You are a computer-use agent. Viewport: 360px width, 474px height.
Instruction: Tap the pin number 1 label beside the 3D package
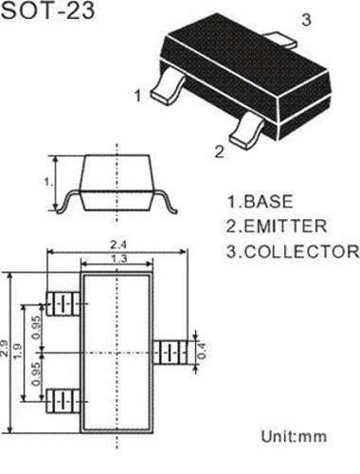click(x=138, y=95)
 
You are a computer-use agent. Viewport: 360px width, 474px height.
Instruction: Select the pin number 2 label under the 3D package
click(x=220, y=151)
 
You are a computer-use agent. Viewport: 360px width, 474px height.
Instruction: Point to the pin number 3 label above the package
click(x=306, y=19)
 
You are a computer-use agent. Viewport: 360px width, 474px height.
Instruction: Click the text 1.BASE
click(x=259, y=202)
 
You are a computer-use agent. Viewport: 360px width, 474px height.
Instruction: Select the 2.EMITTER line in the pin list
click(x=276, y=227)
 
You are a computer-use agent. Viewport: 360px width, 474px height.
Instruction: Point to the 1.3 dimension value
click(x=117, y=259)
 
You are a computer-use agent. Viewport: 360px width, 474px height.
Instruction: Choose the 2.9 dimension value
click(x=9, y=348)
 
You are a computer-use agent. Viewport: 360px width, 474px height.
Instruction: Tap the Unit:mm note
click(x=292, y=437)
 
